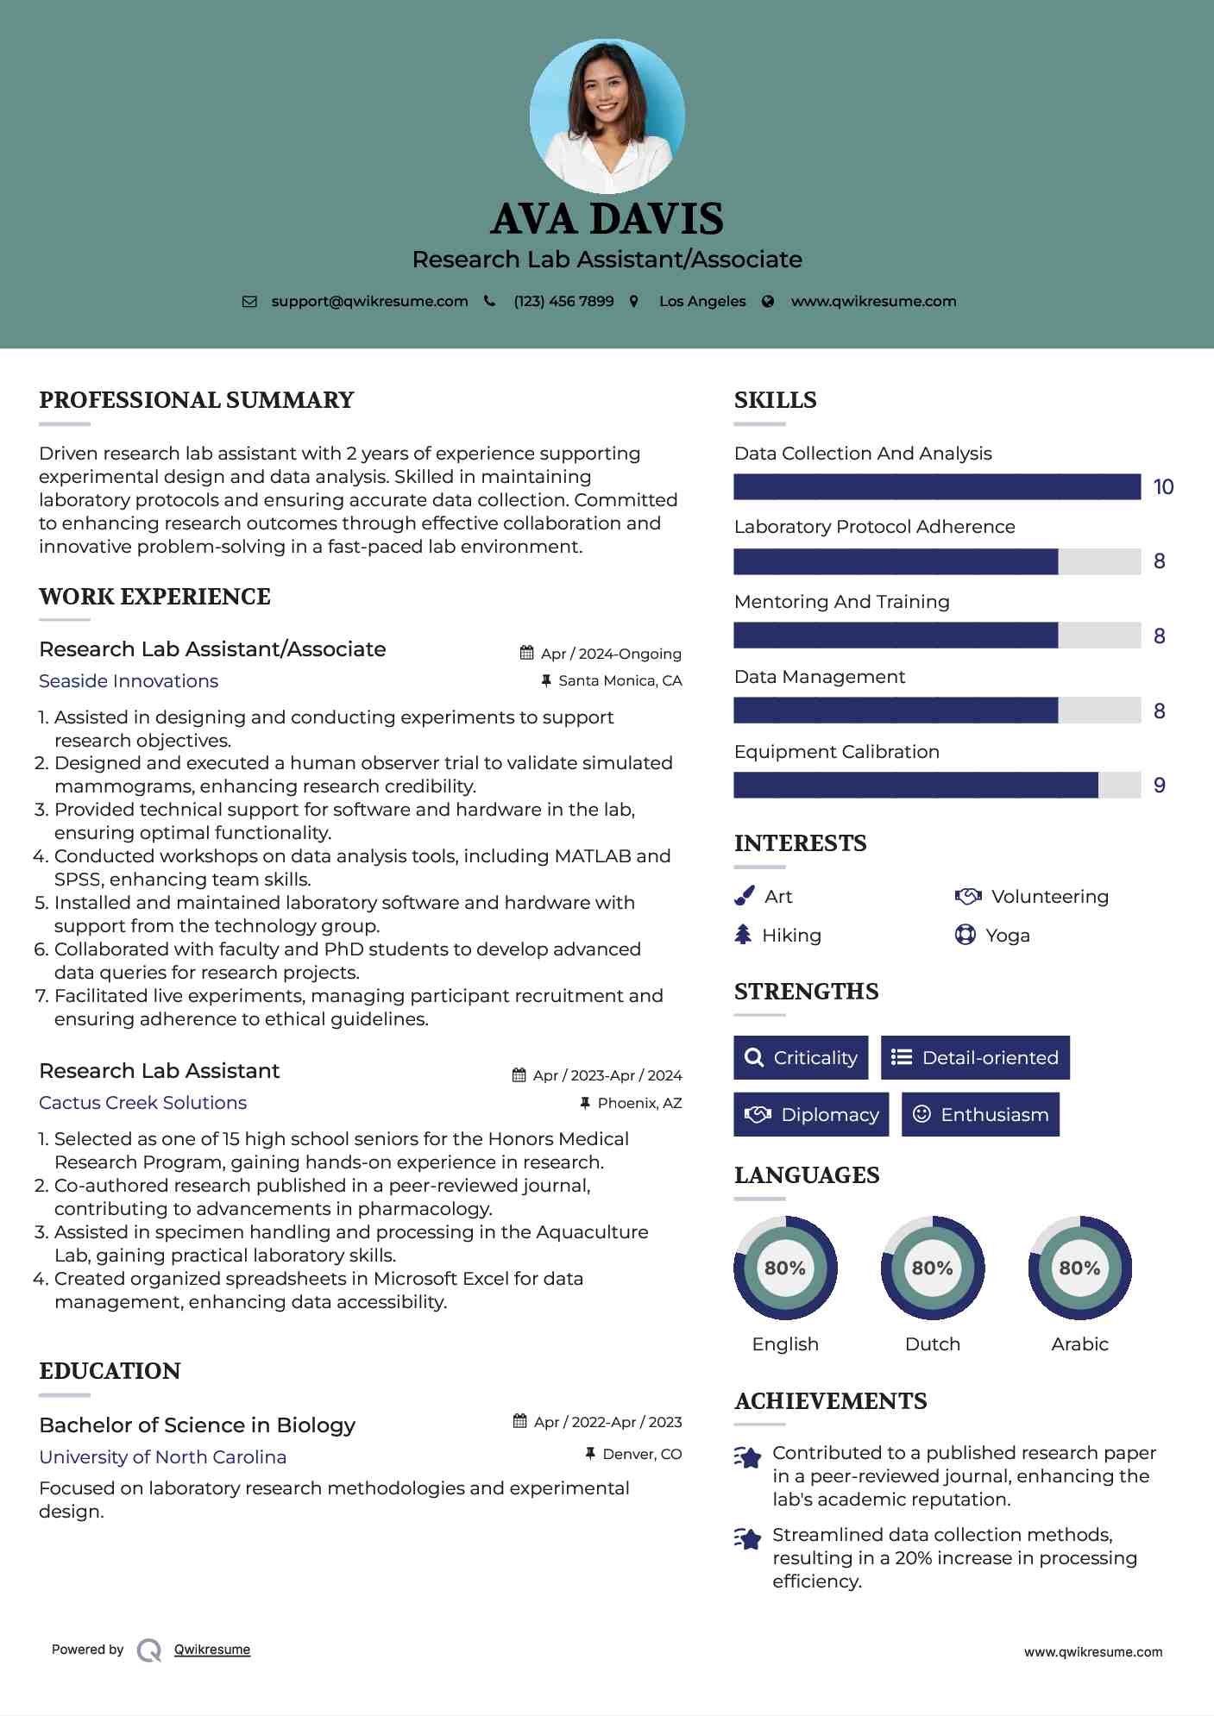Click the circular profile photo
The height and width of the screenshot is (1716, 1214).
607,116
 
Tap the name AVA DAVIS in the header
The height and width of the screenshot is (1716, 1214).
607,219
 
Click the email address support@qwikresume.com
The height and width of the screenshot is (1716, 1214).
369,302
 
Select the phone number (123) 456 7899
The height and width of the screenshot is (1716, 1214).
563,302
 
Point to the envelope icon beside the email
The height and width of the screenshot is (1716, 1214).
249,302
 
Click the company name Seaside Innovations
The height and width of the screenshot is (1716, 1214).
129,681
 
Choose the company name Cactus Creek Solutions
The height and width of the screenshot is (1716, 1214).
142,1103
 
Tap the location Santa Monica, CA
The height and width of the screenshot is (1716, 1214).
620,681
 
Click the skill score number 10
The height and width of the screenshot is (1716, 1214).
1163,487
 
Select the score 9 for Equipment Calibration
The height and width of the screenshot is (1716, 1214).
1160,786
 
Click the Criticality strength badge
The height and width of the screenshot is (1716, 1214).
801,1058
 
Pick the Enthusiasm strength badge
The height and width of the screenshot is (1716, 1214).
980,1115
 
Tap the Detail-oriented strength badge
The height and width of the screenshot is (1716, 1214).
975,1058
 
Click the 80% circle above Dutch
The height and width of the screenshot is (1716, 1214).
932,1268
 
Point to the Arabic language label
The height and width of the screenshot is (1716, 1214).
1079,1344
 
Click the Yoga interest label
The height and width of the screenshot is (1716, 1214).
1008,936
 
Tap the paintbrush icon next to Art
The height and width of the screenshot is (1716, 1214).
744,897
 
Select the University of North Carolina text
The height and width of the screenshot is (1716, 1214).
162,1457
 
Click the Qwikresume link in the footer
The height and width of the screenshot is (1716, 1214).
212,1650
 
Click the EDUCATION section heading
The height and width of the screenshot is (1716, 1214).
110,1371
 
